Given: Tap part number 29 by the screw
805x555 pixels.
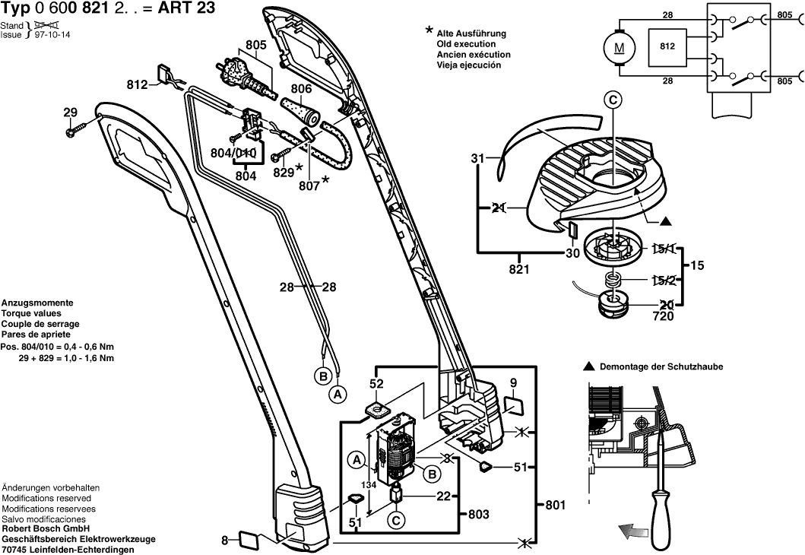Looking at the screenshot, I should click(x=71, y=114).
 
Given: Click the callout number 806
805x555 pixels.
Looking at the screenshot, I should click(x=302, y=89).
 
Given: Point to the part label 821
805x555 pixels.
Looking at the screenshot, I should click(x=518, y=270).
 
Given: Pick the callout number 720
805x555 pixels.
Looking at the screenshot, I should click(x=662, y=316).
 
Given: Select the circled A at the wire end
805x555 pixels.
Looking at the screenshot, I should click(x=337, y=394).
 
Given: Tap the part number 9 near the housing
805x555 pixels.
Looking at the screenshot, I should click(x=513, y=382).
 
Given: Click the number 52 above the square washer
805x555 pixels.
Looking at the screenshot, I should click(x=376, y=385).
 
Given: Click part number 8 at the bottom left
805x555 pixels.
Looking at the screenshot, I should click(x=224, y=541).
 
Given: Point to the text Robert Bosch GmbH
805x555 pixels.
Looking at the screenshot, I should click(x=45, y=529).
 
